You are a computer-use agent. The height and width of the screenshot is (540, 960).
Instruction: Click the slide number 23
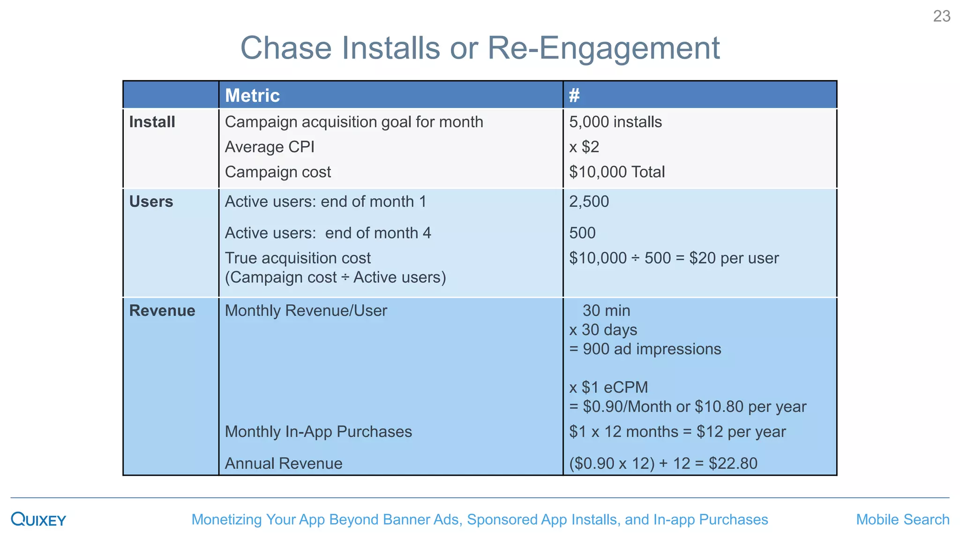tap(941, 16)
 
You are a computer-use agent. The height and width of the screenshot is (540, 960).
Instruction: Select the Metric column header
tap(252, 96)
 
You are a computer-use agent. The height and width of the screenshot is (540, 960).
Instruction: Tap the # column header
tap(574, 96)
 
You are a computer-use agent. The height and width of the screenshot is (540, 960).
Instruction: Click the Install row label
tap(152, 122)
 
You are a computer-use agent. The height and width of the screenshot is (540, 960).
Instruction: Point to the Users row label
tap(151, 202)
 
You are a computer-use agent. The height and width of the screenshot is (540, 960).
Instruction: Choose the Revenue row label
tap(162, 311)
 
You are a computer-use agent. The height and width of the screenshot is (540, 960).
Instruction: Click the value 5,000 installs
tap(615, 122)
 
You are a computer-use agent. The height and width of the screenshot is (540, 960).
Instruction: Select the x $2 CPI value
tap(584, 147)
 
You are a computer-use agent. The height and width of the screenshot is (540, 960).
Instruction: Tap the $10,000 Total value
tap(617, 172)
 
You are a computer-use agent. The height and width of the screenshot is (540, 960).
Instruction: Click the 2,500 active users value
tap(589, 202)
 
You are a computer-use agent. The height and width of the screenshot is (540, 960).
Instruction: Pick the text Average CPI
tap(270, 147)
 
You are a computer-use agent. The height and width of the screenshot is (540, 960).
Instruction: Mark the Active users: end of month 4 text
tap(328, 233)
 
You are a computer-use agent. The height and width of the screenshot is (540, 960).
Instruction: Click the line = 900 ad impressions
tap(645, 349)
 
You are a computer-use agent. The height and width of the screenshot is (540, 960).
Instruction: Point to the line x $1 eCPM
tap(608, 388)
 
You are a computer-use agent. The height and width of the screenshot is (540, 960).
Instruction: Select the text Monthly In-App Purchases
tap(318, 432)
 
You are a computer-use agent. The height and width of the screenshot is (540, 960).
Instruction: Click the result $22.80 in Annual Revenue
tap(733, 464)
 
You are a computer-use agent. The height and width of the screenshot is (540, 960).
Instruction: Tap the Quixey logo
tap(38, 519)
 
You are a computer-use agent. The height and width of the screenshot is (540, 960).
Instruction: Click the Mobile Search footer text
tap(902, 519)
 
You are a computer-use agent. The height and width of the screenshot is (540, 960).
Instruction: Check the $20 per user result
tap(734, 258)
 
